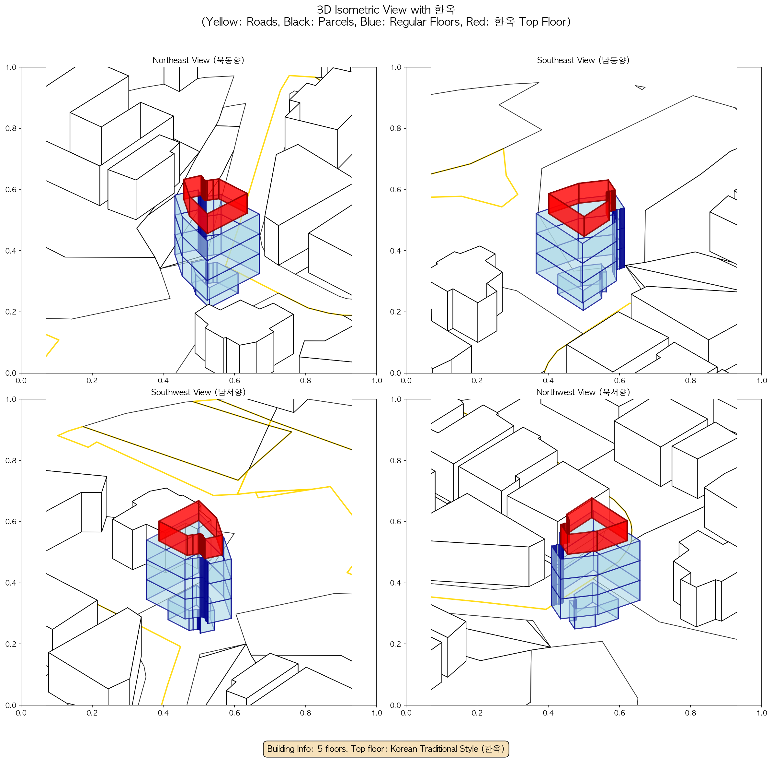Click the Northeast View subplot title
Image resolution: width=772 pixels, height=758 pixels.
[198, 60]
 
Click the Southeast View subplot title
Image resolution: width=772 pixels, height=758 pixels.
[583, 60]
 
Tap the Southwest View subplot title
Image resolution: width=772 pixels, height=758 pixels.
[198, 392]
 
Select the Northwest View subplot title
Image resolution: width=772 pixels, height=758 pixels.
[583, 392]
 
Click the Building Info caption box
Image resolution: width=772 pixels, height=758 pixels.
[386, 749]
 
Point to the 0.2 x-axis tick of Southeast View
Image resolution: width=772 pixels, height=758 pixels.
[477, 381]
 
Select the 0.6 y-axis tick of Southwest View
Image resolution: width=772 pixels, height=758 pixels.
[11, 522]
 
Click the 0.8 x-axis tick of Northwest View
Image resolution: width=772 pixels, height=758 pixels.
[690, 713]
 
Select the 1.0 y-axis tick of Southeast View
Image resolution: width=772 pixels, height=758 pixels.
[396, 67]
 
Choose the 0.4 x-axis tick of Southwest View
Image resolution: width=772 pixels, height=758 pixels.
[163, 713]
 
